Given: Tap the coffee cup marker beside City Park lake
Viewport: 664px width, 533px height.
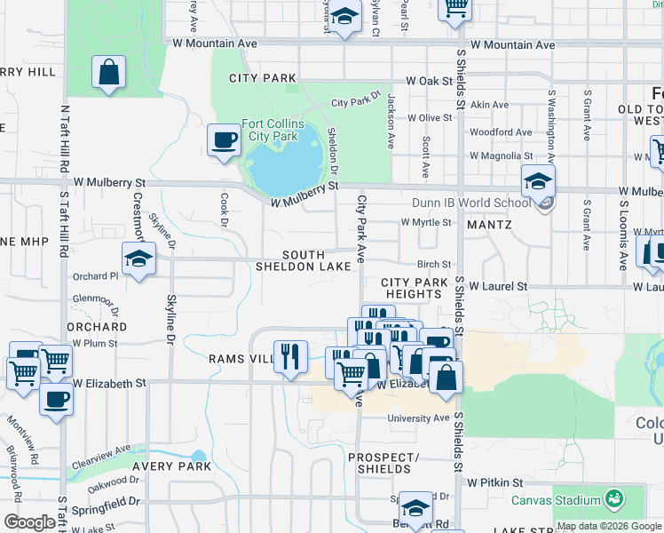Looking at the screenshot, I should pyautogui.click(x=224, y=139).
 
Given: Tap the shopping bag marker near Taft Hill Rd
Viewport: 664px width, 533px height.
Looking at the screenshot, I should pyautogui.click(x=108, y=74).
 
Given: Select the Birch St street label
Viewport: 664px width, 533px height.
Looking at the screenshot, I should pyautogui.click(x=434, y=264).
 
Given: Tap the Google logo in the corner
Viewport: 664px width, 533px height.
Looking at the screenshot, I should pyautogui.click(x=29, y=522).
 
